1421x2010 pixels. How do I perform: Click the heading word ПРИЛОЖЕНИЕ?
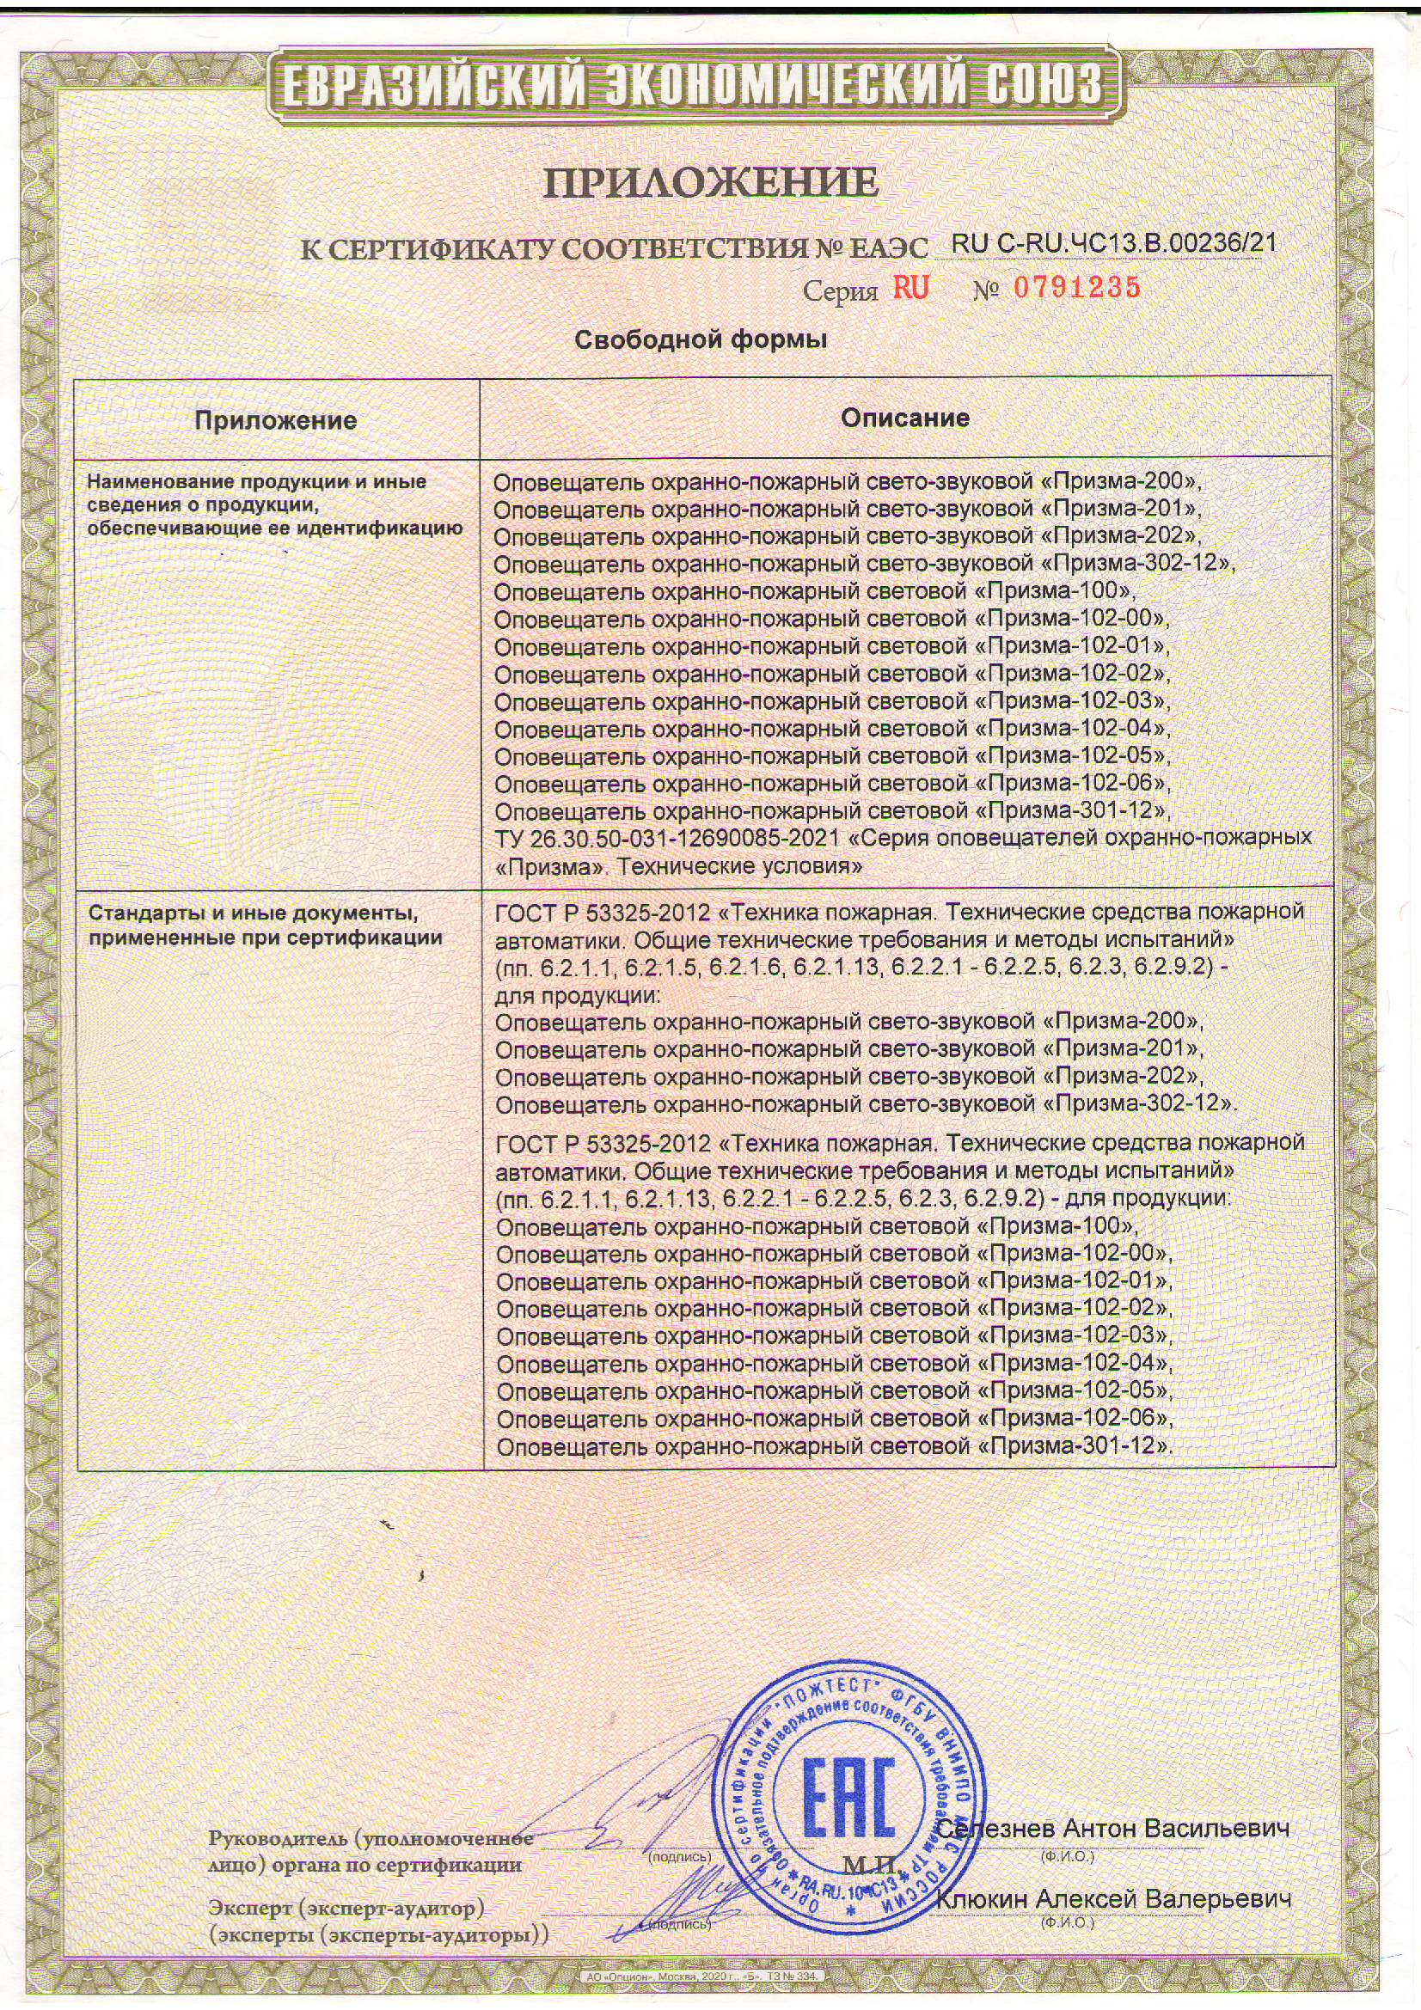click(711, 183)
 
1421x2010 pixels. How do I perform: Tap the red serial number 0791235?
click(1077, 287)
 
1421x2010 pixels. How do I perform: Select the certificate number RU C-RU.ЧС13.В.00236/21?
click(1112, 243)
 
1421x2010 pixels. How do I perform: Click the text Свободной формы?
click(701, 339)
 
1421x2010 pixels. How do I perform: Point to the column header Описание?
click(905, 418)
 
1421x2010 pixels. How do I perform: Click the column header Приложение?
click(276, 420)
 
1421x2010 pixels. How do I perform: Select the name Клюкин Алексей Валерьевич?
click(1115, 1900)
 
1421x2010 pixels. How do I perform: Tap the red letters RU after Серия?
click(910, 288)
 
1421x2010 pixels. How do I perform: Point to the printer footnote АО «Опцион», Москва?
click(701, 1977)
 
